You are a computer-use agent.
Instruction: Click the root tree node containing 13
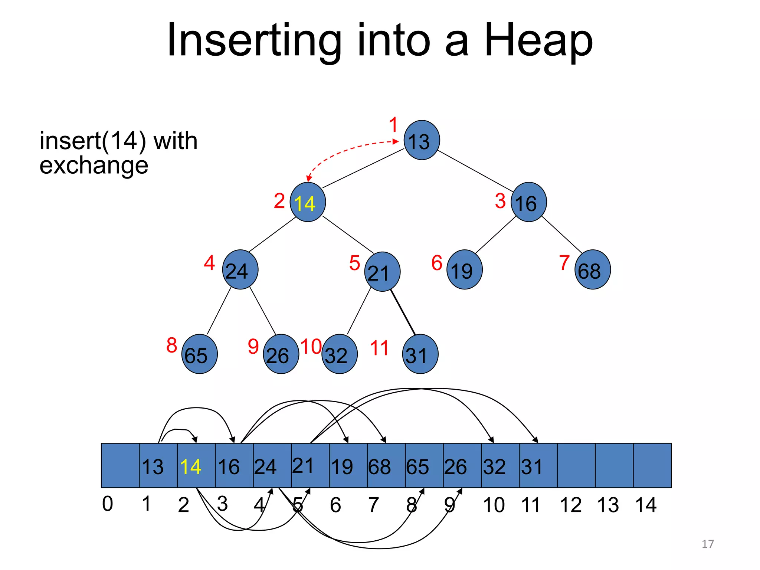pos(422,140)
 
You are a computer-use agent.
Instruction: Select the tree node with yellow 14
pos(308,202)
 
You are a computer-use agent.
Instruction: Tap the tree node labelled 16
pos(528,202)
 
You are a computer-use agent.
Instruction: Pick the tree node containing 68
pos(592,270)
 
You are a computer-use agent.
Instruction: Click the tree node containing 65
pos(199,354)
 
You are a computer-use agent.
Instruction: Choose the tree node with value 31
pos(420,354)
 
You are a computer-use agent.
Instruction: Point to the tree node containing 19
pos(464,270)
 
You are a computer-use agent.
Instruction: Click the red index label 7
pos(564,263)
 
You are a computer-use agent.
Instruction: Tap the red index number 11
pos(379,348)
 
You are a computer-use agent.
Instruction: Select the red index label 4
pos(209,263)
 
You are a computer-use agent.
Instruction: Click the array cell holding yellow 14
pos(196,465)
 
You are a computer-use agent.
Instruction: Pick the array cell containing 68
pos(386,465)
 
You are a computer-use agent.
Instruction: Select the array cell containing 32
pos(500,465)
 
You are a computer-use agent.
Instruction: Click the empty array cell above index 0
pos(120,465)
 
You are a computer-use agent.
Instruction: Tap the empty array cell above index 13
pos(614,465)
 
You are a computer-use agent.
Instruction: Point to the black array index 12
pos(570,505)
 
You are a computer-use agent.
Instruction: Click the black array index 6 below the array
pos(335,505)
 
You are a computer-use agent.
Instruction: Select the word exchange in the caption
pos(94,165)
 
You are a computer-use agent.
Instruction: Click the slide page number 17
pos(708,544)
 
